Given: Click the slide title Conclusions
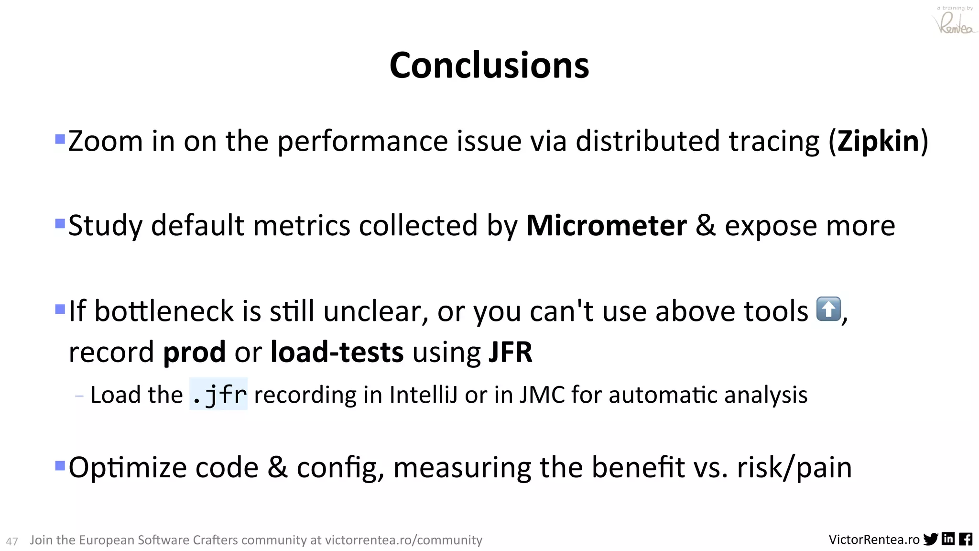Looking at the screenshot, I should [489, 66].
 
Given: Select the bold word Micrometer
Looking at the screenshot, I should [606, 226].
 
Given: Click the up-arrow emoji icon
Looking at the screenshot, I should [828, 309].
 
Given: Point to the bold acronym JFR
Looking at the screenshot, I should [510, 353].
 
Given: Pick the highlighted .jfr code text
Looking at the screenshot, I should [218, 395].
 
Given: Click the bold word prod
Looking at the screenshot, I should [194, 353].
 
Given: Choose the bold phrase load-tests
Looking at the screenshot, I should [337, 353].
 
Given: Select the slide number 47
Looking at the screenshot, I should [12, 541].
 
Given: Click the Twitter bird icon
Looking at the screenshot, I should [931, 539].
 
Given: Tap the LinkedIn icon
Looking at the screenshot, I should [948, 539].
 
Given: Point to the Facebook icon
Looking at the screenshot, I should [966, 539].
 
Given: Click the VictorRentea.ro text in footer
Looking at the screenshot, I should [874, 540].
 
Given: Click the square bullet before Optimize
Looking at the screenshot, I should [60, 465].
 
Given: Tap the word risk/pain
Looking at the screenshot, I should [794, 467].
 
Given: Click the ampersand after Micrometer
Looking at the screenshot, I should [706, 226].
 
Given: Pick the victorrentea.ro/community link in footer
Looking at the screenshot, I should [403, 540].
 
